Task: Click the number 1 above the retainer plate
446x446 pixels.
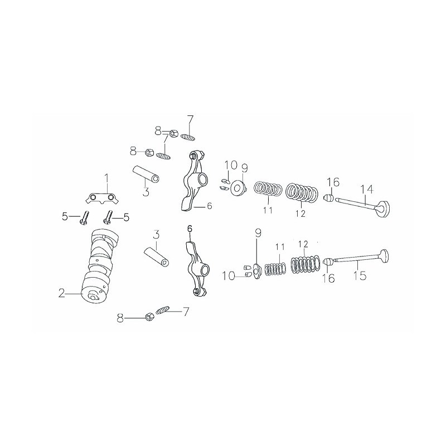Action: (x=106, y=178)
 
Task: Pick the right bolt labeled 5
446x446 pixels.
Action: (x=109, y=216)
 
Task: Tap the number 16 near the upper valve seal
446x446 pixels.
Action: (x=333, y=182)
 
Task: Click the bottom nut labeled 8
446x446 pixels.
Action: (x=149, y=317)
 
